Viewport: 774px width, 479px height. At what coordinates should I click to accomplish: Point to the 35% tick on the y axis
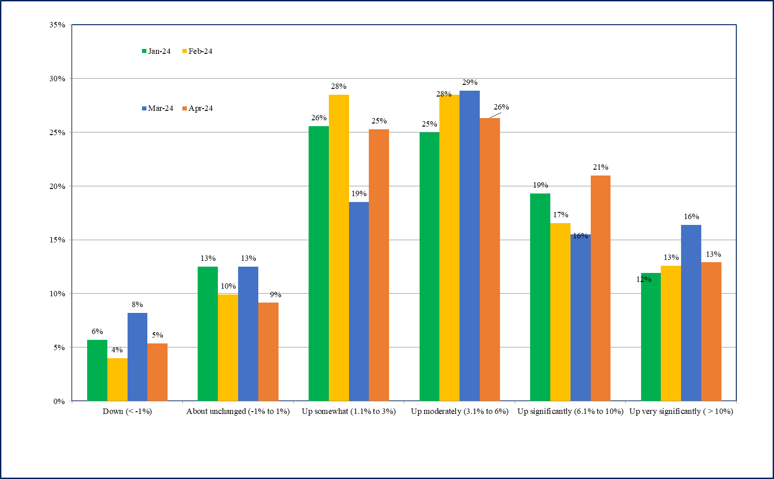[57, 25]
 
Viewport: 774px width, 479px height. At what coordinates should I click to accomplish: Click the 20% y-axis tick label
[57, 186]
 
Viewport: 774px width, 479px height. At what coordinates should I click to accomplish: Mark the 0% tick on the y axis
[59, 401]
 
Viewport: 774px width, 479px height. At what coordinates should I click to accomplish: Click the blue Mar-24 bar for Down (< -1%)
[137, 357]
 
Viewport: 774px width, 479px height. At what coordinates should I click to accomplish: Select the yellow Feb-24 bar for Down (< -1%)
[117, 379]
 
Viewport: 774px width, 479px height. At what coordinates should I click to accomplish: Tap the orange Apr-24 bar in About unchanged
[268, 352]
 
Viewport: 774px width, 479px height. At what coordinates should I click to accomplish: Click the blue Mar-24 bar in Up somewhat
[359, 301]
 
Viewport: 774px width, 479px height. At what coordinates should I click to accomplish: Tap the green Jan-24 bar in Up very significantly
[651, 337]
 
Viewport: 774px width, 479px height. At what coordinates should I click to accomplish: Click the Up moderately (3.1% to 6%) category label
[460, 411]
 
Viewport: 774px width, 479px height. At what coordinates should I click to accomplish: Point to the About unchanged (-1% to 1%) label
[238, 411]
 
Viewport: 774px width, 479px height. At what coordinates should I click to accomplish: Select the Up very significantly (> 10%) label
[681, 411]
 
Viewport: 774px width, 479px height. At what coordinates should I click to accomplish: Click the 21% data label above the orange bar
[601, 167]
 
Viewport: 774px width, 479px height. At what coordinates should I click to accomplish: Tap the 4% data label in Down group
[117, 350]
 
